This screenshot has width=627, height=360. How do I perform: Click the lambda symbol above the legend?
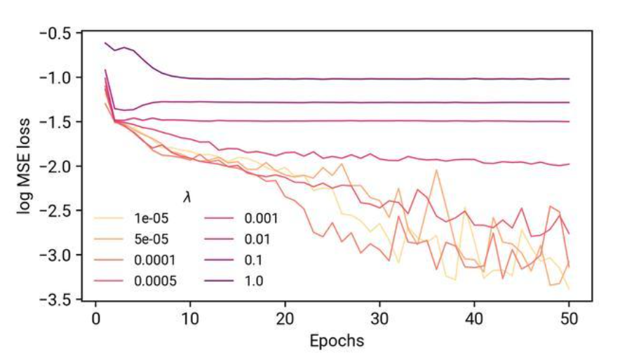187,199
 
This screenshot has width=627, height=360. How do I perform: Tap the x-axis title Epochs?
337,342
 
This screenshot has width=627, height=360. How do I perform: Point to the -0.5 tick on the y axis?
55,33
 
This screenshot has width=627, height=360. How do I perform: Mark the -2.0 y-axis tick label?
55,166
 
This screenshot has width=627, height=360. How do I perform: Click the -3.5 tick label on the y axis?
55,300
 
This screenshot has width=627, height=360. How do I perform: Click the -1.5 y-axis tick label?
55,122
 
